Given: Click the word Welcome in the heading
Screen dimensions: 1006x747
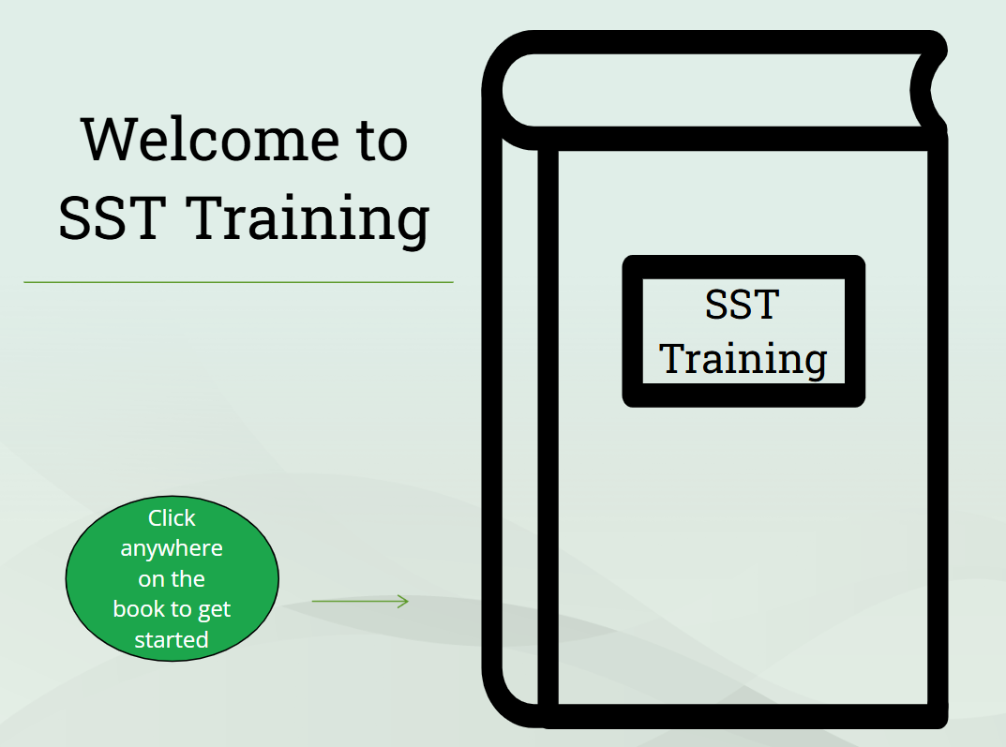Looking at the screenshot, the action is pyautogui.click(x=210, y=139).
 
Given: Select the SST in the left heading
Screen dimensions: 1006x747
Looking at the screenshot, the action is pyautogui.click(x=113, y=218).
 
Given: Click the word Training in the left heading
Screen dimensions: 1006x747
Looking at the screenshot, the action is pyautogui.click(x=308, y=220).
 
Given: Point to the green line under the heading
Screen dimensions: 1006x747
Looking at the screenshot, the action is pyautogui.click(x=239, y=282).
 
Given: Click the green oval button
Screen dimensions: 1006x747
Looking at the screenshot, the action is pyautogui.click(x=172, y=578).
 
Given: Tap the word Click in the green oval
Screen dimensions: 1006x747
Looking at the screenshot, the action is pyautogui.click(x=172, y=517).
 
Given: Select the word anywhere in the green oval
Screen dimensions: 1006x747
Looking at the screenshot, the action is pyautogui.click(x=172, y=548).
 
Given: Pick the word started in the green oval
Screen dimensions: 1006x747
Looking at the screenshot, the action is pyautogui.click(x=172, y=639).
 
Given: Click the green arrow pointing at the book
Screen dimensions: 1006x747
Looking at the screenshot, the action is pyautogui.click(x=360, y=601).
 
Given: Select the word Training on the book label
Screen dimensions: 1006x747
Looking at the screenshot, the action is pyautogui.click(x=743, y=358).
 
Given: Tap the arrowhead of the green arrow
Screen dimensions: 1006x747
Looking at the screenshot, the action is pyautogui.click(x=403, y=601).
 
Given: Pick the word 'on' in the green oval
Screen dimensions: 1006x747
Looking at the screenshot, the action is pyautogui.click(x=152, y=579).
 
